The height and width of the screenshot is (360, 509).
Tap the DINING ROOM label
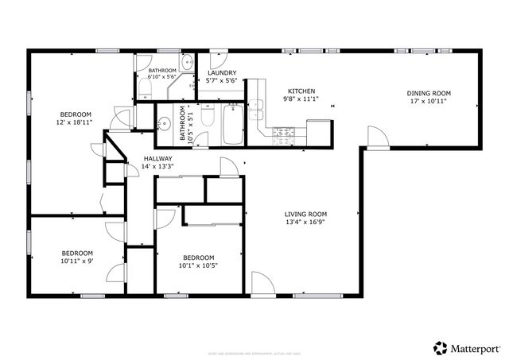[x=427, y=92]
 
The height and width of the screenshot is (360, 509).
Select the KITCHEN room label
[x=301, y=91]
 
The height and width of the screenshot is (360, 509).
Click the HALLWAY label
[x=157, y=158]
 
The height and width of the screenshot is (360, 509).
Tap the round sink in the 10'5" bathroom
[x=165, y=124]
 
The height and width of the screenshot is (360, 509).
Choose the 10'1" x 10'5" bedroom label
[x=198, y=261]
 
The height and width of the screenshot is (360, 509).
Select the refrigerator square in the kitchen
[x=318, y=131]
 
